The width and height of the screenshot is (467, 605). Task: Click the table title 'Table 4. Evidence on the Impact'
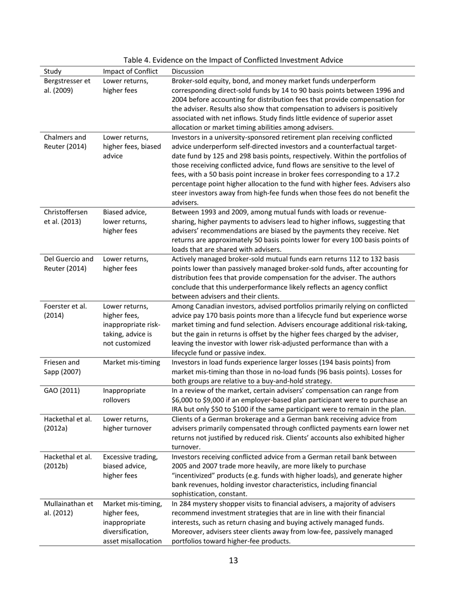coord(233,60)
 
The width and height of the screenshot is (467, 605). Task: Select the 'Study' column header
coord(53,71)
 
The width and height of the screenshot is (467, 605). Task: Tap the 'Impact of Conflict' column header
coord(130,71)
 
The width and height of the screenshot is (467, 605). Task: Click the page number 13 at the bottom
coord(233,560)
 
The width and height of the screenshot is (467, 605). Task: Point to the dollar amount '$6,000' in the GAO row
coord(183,400)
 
